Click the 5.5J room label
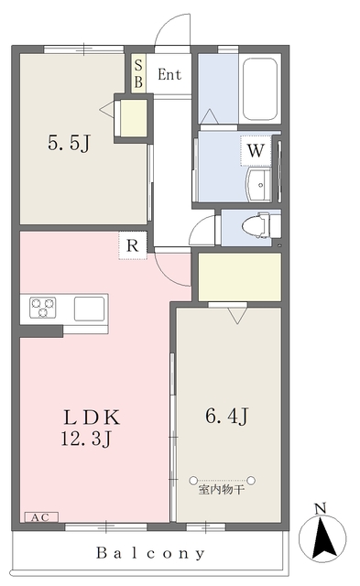point(70,143)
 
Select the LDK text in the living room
point(92,418)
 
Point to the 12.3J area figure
point(86,438)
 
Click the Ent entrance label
point(169,74)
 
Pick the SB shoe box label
point(138,73)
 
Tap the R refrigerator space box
point(133,245)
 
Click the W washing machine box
point(256,150)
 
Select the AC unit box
point(41,517)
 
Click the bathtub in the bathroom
point(260,89)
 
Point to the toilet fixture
point(256,225)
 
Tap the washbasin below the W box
point(258,184)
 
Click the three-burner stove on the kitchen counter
point(43,308)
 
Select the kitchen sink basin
point(89,309)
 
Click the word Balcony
point(150,553)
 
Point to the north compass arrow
point(322,539)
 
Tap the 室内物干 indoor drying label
point(222,490)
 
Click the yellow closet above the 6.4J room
point(240,277)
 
